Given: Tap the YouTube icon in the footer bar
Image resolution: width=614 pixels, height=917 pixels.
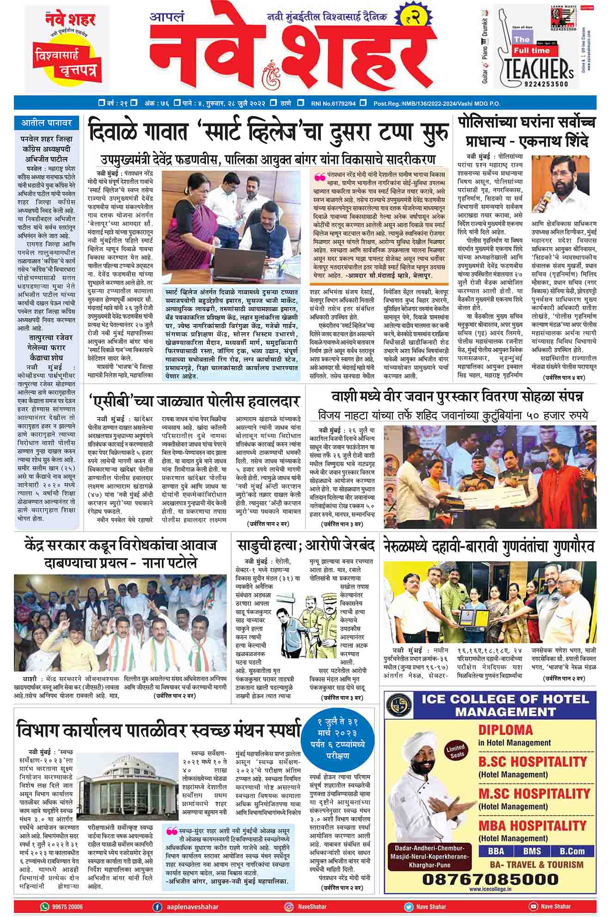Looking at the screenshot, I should click(533, 907).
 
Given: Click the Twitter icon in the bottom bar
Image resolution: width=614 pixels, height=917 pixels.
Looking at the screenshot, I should click(409, 907).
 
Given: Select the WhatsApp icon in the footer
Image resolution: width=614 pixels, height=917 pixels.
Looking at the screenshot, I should click(45, 907).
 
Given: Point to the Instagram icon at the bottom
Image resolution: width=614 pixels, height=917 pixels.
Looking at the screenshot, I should click(289, 907).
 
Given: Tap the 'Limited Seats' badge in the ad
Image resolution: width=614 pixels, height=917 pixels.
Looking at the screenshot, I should click(454, 751).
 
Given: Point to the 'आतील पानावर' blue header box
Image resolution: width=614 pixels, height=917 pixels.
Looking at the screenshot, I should click(47, 123).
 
